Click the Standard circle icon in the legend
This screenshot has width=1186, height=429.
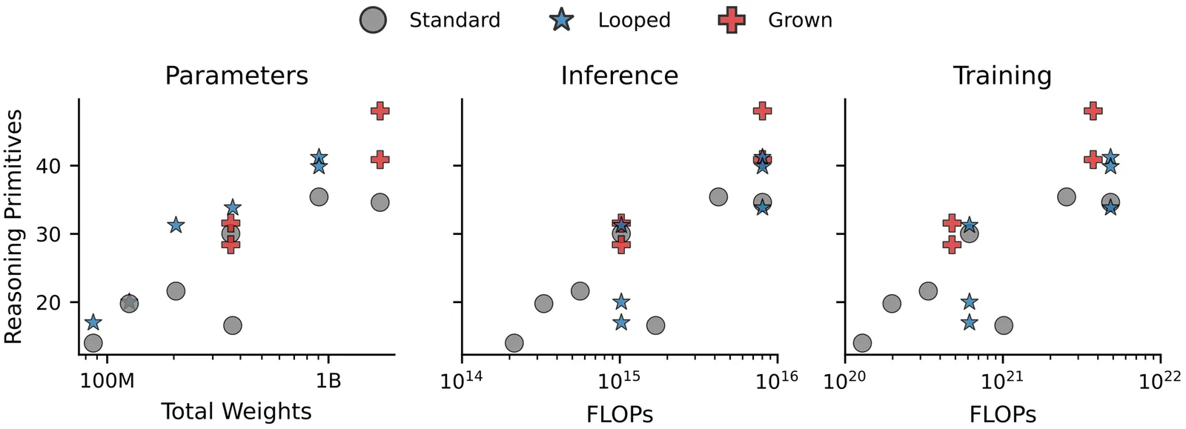coord(373,20)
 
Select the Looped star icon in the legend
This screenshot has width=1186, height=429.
coord(563,20)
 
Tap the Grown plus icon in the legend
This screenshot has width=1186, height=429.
coord(732,20)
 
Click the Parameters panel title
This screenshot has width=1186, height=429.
coord(236,76)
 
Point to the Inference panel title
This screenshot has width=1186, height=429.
coord(619,76)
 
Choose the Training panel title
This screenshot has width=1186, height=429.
coord(1002,76)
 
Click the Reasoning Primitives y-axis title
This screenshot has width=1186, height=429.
coord(13,226)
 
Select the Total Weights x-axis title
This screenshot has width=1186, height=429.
coord(236,411)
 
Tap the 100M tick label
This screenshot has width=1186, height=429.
coord(107,382)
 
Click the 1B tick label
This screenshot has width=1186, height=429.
coord(328,382)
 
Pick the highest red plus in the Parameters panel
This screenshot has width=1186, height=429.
coord(380,111)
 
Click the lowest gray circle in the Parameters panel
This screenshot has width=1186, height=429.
coord(93,343)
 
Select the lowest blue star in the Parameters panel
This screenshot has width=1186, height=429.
coord(93,322)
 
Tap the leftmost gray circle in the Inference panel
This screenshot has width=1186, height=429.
coord(514,343)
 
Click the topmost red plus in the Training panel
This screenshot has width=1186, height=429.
coord(1092,111)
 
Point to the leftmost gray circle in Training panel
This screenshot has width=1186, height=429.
coord(862,343)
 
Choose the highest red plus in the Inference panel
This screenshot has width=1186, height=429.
coord(762,111)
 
